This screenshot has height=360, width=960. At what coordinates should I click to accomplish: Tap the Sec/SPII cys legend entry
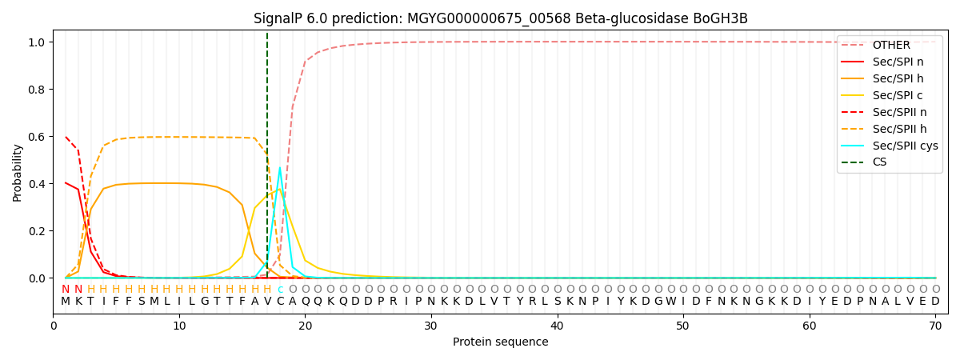[890, 146]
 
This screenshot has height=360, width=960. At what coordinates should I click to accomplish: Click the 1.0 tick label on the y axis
[37, 42]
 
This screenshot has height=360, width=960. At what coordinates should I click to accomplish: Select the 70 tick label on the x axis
[935, 326]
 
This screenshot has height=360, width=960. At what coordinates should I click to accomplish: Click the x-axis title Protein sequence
[501, 342]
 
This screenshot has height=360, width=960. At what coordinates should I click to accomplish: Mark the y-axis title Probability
[17, 173]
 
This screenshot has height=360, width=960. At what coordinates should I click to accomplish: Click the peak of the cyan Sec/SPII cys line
[280, 167]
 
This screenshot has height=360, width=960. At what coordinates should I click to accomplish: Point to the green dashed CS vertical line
[267, 155]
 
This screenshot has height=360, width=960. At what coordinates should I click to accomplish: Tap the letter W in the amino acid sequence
[671, 301]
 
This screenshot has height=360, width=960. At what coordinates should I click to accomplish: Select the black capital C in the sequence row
[280, 301]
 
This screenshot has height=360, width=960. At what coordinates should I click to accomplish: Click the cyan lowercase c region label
[280, 290]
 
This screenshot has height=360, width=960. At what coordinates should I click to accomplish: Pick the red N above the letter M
[66, 289]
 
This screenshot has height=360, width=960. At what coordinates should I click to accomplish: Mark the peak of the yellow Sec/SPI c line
[279, 189]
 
